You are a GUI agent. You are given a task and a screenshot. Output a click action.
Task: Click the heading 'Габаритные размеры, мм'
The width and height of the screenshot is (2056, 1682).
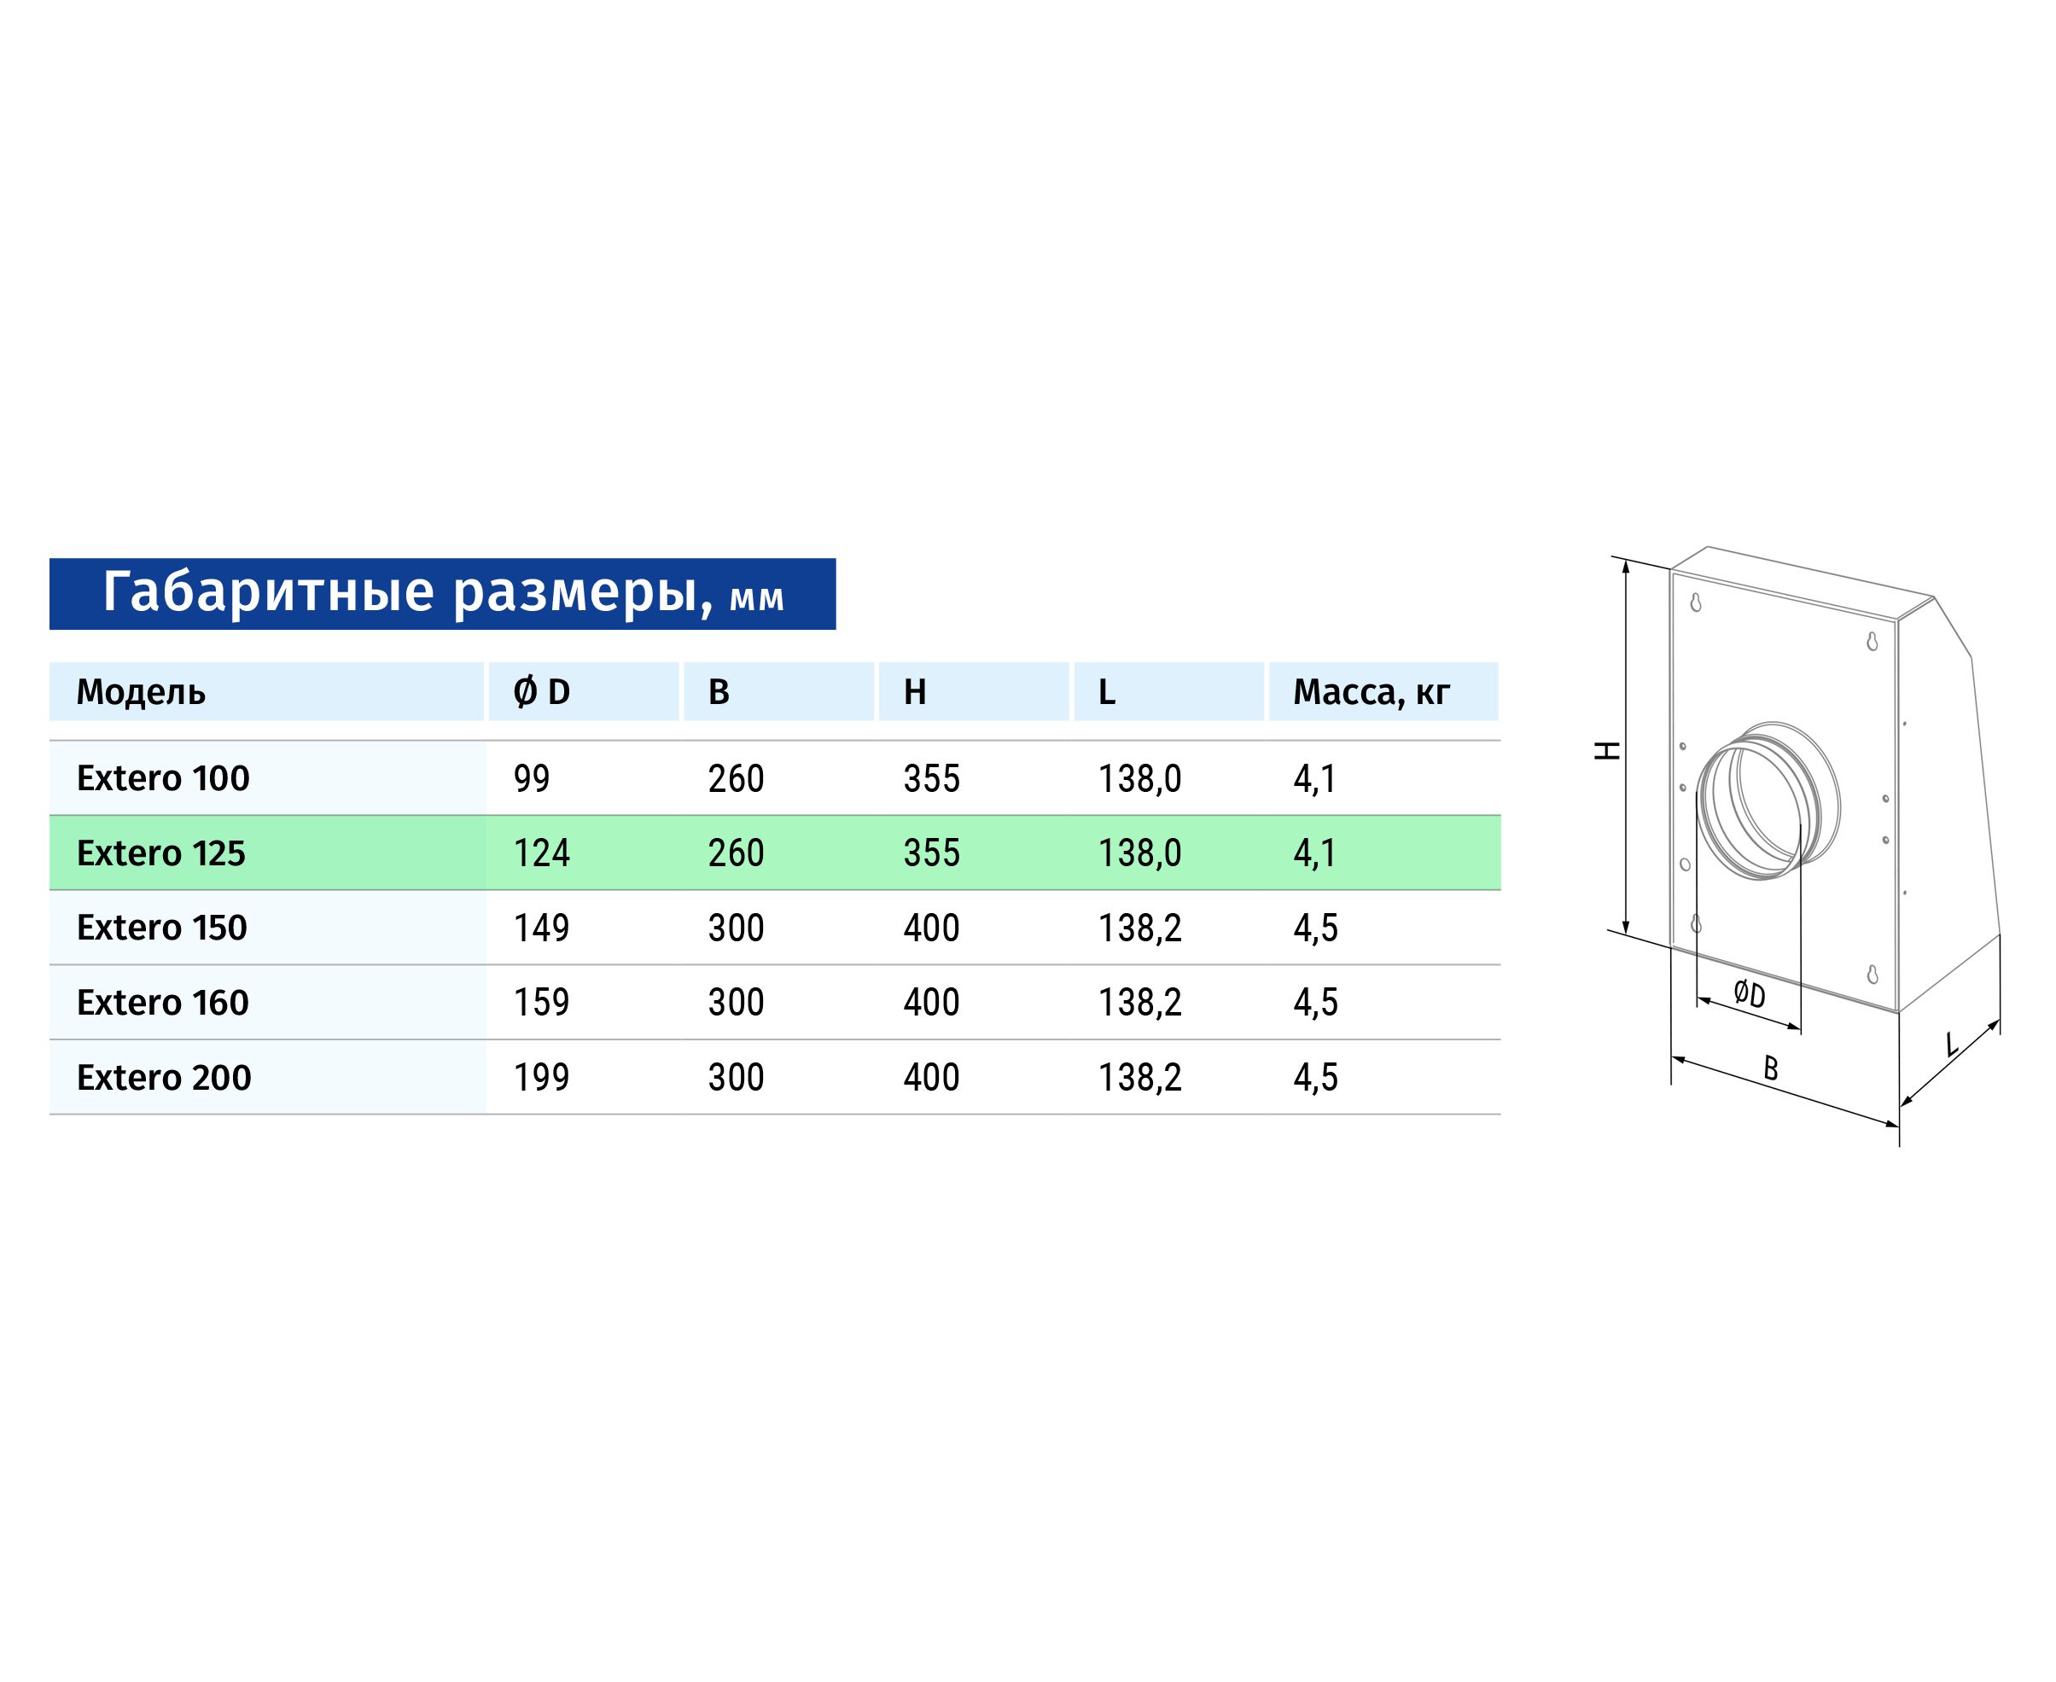pos(443,593)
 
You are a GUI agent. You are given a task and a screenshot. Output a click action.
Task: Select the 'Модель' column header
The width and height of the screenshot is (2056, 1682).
pos(142,692)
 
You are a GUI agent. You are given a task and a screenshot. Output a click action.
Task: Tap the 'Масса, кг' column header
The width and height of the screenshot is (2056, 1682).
pos(1371,692)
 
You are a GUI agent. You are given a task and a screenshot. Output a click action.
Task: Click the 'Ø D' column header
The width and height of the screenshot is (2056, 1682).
pos(542,692)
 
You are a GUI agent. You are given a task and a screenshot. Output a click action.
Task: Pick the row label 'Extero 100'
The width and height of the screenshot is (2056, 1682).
pos(163,778)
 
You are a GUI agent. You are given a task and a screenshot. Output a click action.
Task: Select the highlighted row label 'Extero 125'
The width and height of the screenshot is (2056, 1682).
pos(160,853)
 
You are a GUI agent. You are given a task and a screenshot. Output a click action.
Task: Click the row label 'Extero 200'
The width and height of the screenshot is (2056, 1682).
pos(164,1078)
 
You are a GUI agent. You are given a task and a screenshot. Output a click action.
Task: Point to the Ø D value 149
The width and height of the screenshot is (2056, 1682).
pos(542,928)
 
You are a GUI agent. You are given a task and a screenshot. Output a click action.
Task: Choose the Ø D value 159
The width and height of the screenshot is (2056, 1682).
pos(542,1003)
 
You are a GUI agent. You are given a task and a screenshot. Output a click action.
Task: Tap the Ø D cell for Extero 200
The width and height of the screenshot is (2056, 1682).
pos(542,1078)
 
